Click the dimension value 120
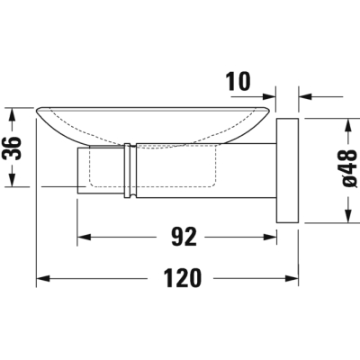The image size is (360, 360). (183, 278)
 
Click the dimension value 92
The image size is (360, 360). (184, 237)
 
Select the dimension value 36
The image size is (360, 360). (12, 148)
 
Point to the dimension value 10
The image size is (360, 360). (238, 81)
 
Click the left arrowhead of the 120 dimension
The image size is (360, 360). (42, 278)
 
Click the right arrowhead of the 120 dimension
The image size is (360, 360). (292, 278)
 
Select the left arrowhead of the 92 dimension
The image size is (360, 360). (84, 237)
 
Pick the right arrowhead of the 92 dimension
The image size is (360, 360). (269, 237)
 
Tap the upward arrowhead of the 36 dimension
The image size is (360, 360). (12, 114)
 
